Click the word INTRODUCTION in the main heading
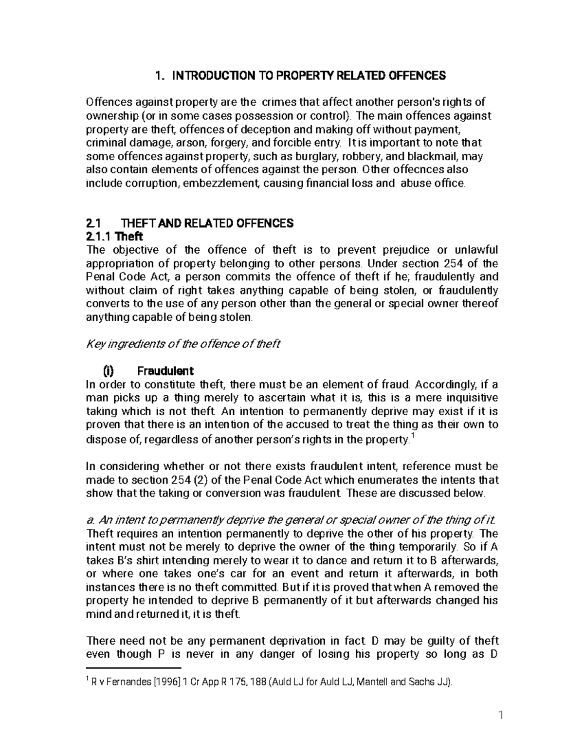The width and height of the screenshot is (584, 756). point(213,75)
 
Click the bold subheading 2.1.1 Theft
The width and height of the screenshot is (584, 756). point(114,237)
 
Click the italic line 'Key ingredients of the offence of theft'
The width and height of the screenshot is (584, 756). point(183,344)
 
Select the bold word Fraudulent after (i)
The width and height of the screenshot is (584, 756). point(165,371)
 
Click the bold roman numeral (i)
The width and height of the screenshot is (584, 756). point(110,371)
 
